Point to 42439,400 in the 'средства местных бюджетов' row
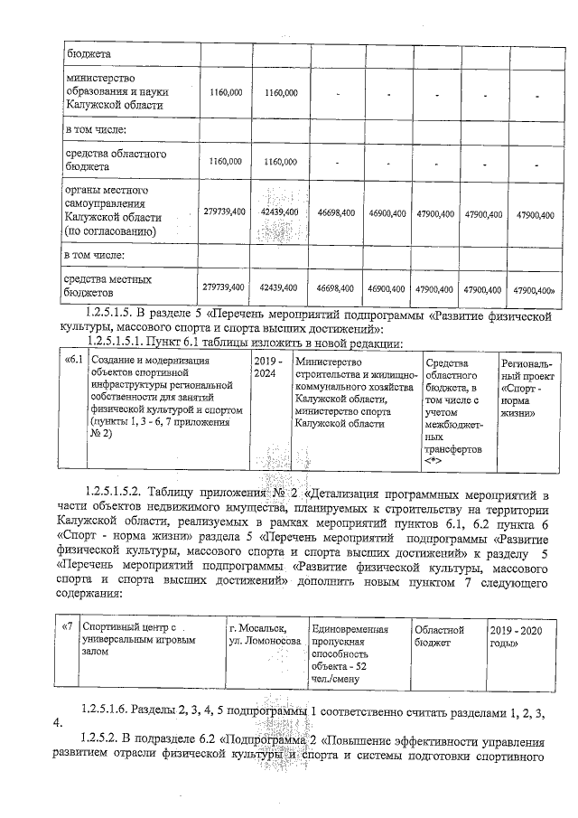pyautogui.click(x=278, y=287)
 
